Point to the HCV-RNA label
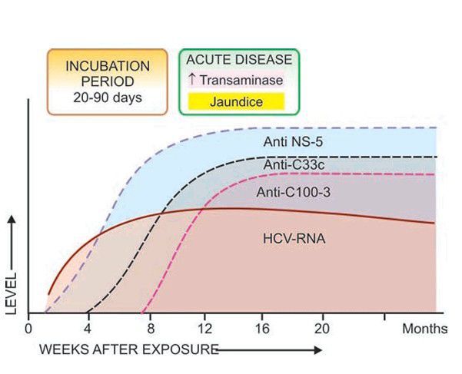(x=294, y=240)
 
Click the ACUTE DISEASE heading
(x=239, y=60)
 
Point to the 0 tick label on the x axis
(x=29, y=328)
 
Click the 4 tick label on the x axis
(x=88, y=328)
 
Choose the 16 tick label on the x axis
(x=264, y=328)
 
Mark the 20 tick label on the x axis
(x=322, y=328)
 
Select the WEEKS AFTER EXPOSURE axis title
(x=128, y=349)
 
